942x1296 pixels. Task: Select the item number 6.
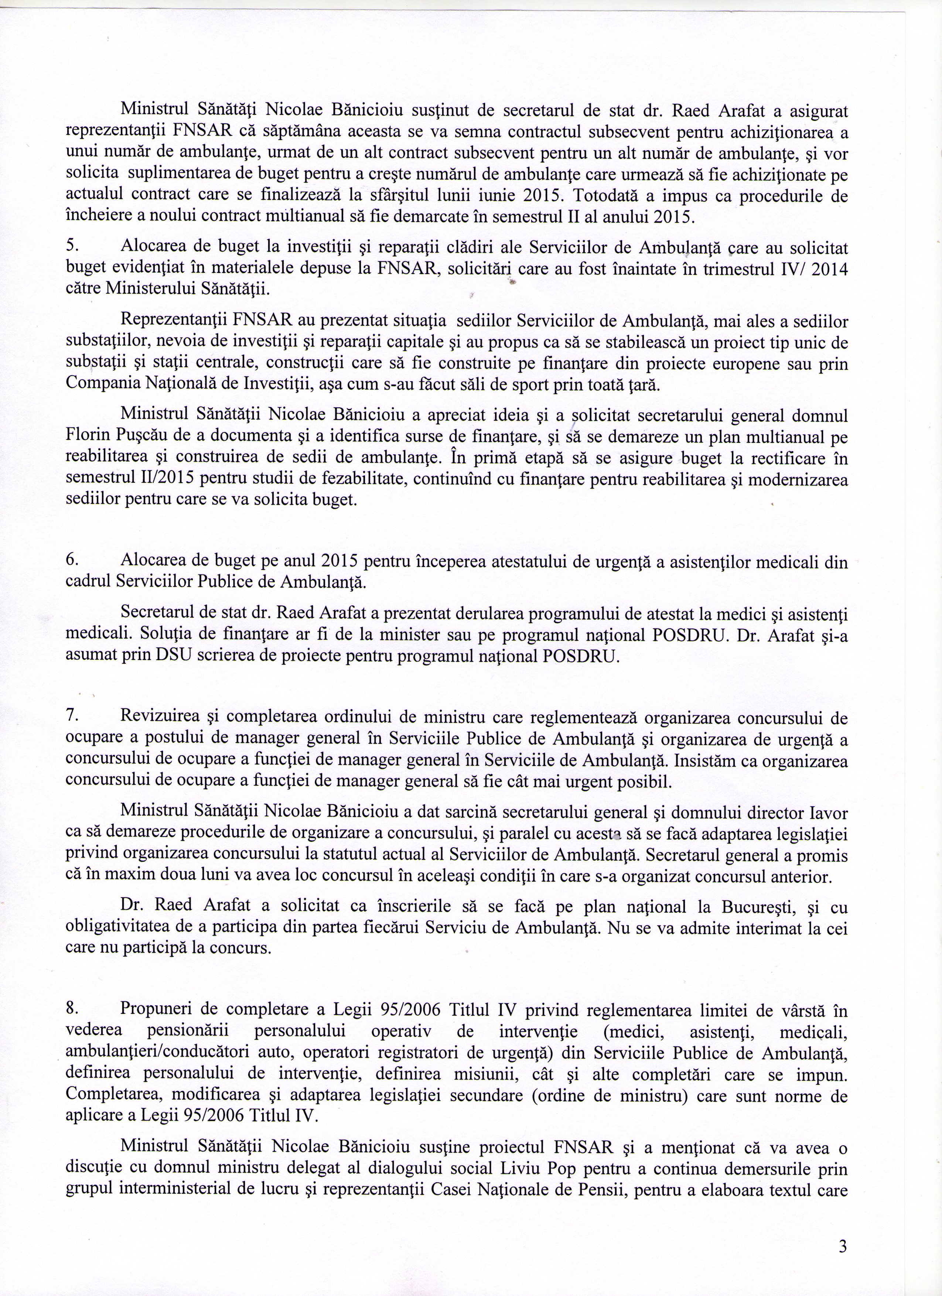pos(71,562)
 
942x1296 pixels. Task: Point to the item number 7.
pos(71,717)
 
